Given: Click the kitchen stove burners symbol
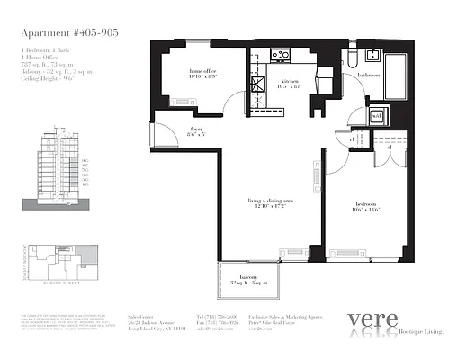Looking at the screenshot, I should [281, 55].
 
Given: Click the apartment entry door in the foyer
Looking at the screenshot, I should [165, 136].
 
